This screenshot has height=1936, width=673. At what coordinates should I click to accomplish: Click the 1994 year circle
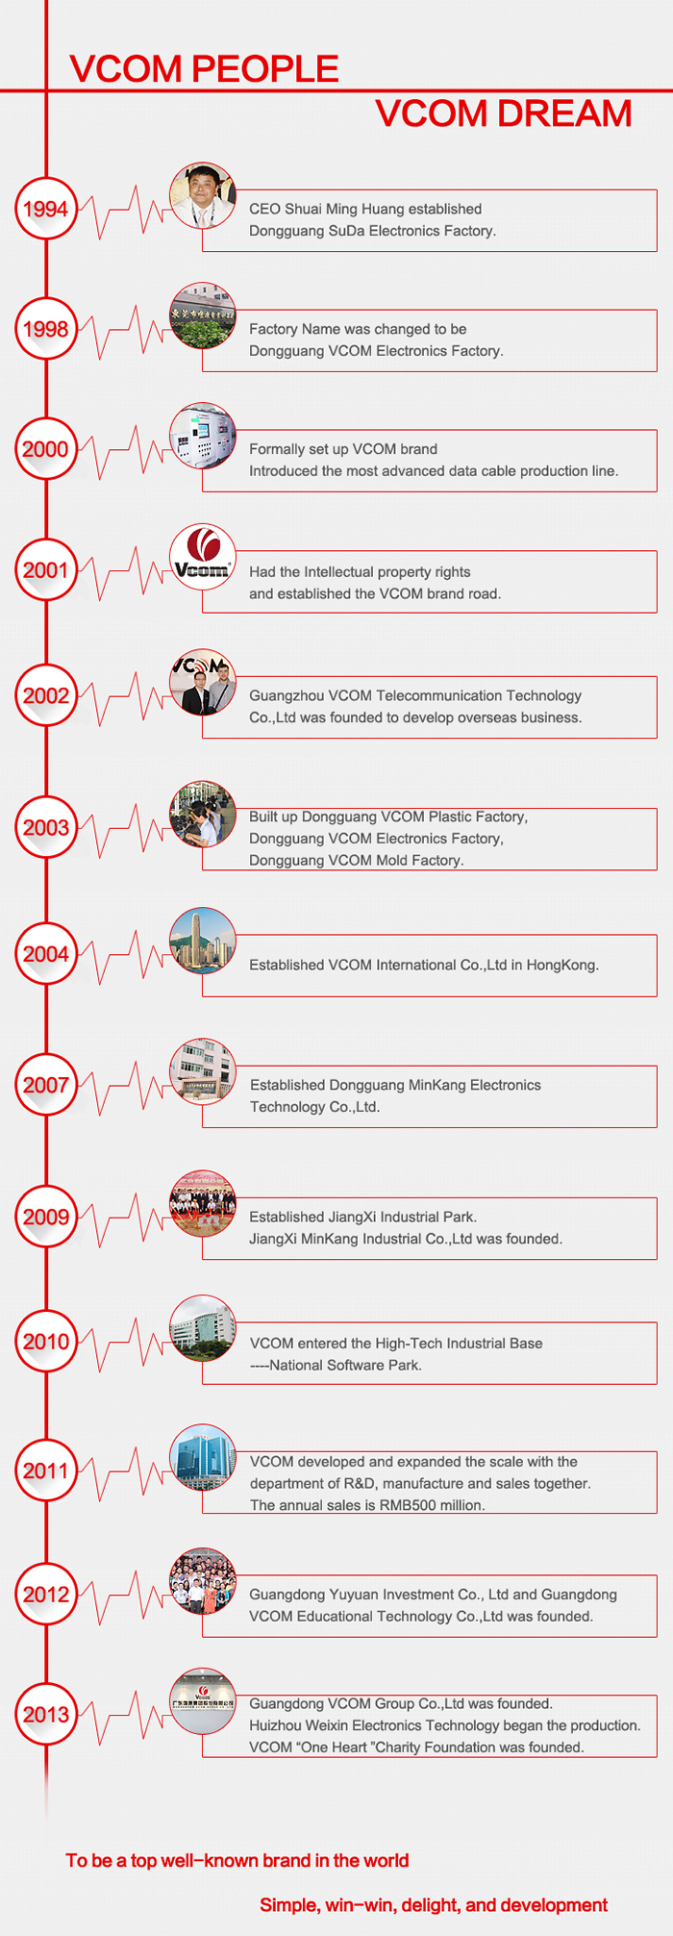click(45, 209)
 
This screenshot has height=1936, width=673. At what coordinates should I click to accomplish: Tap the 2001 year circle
click(45, 569)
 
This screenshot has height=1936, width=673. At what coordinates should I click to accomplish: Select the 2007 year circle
click(45, 1085)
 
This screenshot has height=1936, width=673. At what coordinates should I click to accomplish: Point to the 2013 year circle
click(45, 1714)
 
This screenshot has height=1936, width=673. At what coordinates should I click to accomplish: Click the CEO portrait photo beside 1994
click(203, 195)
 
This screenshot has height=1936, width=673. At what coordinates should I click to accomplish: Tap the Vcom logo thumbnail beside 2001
click(203, 557)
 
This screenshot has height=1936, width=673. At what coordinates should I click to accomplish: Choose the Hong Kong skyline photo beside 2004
click(203, 941)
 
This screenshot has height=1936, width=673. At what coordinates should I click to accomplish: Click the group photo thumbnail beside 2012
click(203, 1581)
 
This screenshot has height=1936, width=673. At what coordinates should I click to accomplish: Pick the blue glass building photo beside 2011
click(203, 1458)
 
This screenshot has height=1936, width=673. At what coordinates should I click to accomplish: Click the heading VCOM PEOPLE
click(204, 69)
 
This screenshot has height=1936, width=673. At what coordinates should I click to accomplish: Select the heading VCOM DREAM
click(504, 113)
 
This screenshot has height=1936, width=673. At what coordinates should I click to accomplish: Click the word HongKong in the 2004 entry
click(562, 966)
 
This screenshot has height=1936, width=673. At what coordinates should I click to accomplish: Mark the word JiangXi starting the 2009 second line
click(273, 1239)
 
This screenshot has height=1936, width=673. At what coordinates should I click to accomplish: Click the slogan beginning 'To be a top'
click(237, 1860)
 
